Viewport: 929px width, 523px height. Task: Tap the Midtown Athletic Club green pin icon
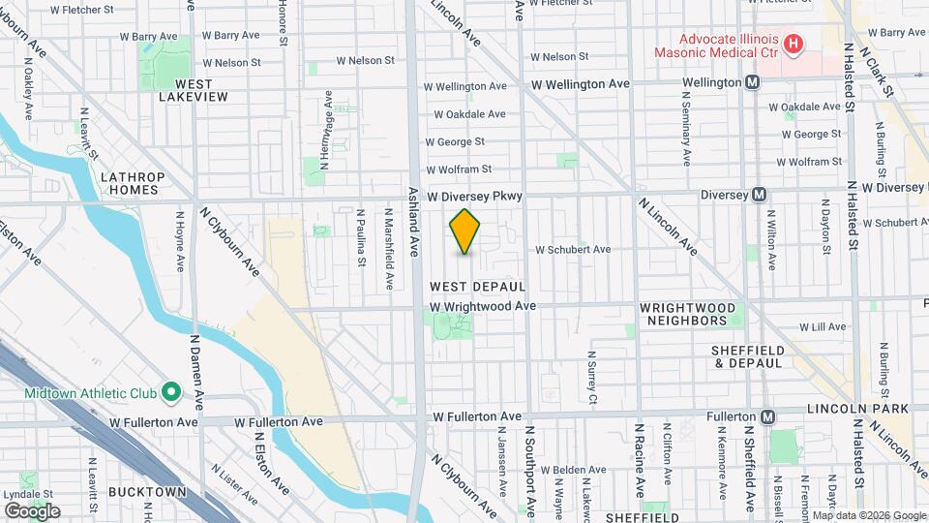[171, 392]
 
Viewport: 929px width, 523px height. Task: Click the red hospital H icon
[794, 44]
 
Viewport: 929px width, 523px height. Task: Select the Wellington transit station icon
[752, 83]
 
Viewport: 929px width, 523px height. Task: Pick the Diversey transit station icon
[760, 194]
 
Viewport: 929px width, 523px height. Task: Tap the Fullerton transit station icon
[767, 417]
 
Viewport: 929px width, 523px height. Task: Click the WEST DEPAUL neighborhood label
[478, 287]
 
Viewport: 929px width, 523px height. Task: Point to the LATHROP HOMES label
[134, 183]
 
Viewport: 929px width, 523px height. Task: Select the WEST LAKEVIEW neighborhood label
[194, 90]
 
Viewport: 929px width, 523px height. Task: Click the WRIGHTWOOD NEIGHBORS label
[683, 314]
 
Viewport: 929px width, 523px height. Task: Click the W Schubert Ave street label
[574, 249]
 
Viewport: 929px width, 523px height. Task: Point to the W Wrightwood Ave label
[483, 306]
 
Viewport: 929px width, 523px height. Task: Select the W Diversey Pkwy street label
[475, 196]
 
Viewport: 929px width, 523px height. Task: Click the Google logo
[32, 510]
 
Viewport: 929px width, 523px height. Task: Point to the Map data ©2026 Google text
[868, 515]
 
